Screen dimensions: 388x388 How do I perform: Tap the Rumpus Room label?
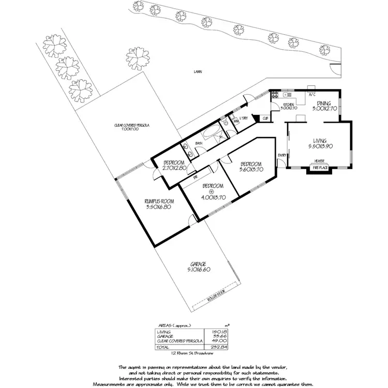[158, 201]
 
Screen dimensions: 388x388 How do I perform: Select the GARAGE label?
[198, 263]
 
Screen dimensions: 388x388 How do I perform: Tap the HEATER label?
[319, 161]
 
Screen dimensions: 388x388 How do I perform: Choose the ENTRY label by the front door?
[282, 155]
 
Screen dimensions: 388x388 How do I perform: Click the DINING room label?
[325, 103]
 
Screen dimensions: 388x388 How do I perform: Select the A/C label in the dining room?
[312, 95]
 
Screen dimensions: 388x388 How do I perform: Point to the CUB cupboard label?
[265, 118]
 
